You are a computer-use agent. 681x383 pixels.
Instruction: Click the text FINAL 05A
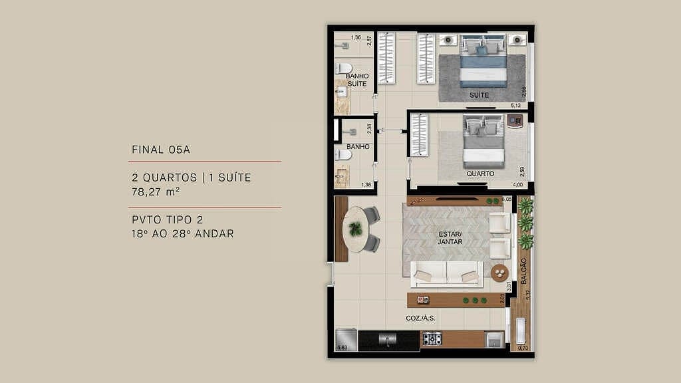pyautogui.click(x=161, y=150)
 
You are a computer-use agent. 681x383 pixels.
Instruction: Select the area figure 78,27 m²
pyautogui.click(x=156, y=192)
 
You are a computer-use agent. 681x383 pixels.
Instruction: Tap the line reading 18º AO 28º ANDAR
pyautogui.click(x=183, y=234)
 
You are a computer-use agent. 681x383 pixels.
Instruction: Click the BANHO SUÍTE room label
pyautogui.click(x=356, y=80)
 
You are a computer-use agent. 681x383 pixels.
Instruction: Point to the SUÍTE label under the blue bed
pyautogui.click(x=479, y=95)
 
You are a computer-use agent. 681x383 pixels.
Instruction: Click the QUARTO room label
pyautogui.click(x=480, y=174)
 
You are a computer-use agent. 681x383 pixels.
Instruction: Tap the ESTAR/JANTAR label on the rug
pyautogui.click(x=450, y=238)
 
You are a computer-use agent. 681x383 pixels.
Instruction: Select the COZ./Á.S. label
pyautogui.click(x=420, y=319)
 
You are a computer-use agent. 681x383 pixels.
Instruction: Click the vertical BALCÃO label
pyautogui.click(x=524, y=271)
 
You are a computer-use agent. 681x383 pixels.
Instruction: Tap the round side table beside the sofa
pyautogui.click(x=499, y=273)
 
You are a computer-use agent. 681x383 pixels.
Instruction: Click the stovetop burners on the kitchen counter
pyautogui.click(x=432, y=340)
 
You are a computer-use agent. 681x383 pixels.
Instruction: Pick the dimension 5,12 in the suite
pyautogui.click(x=515, y=106)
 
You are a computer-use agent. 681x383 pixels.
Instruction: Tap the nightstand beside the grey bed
pyautogui.click(x=514, y=120)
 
